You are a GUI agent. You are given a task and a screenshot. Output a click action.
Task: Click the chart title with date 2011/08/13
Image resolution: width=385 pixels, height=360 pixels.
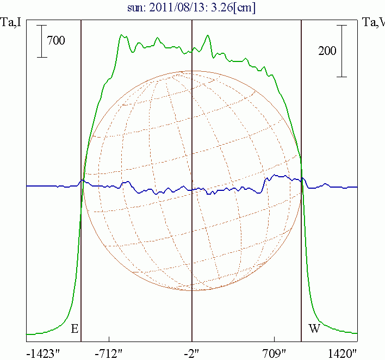[192, 8]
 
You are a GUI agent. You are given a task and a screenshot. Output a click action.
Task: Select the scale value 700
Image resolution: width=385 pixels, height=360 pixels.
[56, 40]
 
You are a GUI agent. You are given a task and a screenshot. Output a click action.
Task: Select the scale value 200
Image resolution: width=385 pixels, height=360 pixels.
[327, 51]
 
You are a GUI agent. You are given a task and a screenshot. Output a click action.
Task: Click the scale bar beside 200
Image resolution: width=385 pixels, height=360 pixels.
[341, 51]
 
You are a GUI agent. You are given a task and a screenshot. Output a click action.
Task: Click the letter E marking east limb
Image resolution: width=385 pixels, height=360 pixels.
[74, 328]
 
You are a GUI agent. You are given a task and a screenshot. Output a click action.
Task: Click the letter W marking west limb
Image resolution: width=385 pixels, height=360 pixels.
[314, 328]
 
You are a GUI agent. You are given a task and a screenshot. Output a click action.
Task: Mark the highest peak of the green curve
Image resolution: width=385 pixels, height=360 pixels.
[122, 35]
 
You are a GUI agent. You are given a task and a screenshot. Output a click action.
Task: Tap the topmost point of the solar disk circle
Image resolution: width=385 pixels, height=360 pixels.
[192, 71]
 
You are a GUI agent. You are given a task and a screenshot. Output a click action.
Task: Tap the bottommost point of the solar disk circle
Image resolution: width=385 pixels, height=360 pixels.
[192, 290]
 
